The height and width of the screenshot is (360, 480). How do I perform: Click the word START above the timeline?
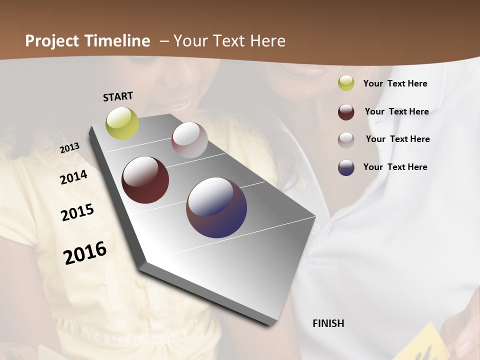[x=118, y=96]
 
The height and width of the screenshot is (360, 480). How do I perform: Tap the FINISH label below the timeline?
[x=328, y=323]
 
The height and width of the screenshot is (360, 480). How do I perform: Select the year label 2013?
[x=69, y=148]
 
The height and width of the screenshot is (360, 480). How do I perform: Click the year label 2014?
[x=73, y=177]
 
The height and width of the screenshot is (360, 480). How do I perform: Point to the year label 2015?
[x=77, y=212]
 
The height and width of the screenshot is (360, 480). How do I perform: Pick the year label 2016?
[x=85, y=252]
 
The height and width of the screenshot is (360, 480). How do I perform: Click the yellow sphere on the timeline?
[x=122, y=123]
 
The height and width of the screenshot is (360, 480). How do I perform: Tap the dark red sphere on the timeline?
[x=145, y=180]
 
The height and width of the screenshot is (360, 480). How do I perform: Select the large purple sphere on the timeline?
[x=216, y=207]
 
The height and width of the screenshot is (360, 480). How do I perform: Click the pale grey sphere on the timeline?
[x=189, y=140]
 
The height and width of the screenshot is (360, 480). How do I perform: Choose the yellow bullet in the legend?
[x=346, y=83]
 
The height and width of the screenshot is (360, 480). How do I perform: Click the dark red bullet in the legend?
[x=346, y=112]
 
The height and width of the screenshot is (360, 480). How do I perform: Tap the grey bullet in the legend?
[x=346, y=140]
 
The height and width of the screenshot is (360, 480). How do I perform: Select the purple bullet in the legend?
[x=346, y=167]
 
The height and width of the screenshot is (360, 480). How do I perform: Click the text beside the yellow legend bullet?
[x=395, y=83]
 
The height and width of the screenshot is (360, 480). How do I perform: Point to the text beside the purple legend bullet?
[x=395, y=167]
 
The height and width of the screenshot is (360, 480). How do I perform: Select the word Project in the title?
[x=51, y=41]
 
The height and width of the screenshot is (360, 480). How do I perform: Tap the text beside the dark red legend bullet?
[x=396, y=111]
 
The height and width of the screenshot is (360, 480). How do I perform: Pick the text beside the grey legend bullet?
[x=397, y=139]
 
